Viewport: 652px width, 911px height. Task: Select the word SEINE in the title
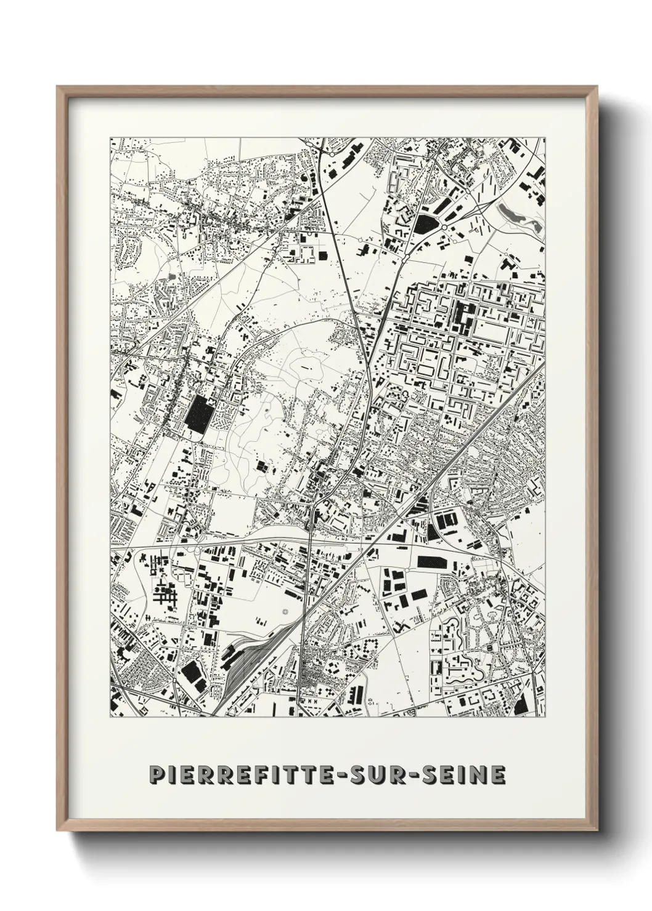457,775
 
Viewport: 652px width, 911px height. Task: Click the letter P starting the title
156,775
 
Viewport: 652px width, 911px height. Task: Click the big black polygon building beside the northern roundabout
425,223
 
